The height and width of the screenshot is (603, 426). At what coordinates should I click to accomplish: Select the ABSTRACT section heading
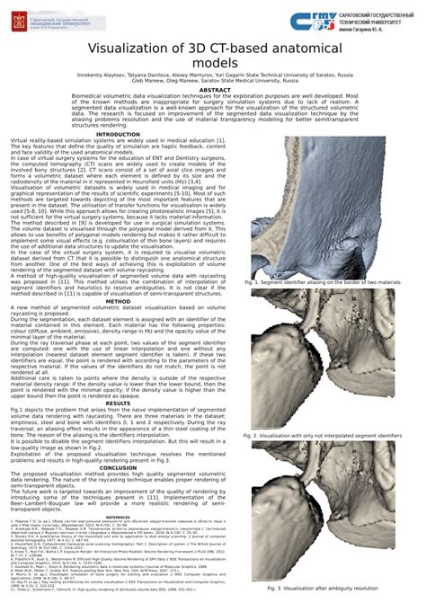pos(214,91)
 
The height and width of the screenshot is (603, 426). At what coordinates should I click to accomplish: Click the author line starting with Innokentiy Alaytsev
pos(214,77)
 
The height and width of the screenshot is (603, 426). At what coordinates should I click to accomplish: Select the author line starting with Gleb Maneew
pos(214,84)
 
